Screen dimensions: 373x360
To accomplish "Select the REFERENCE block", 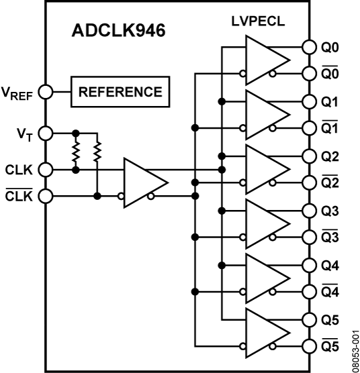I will [120, 92].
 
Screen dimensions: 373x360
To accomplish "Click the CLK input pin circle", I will [45, 170].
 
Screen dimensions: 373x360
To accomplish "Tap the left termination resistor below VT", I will [76, 152].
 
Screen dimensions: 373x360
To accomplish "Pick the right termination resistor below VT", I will [97, 152].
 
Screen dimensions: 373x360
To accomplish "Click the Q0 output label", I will [331, 48].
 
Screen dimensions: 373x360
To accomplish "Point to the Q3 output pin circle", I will [308, 211].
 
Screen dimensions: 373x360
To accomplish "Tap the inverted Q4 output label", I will [331, 292].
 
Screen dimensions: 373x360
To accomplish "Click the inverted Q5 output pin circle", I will [308, 346].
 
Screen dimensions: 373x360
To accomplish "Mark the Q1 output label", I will [331, 102].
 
